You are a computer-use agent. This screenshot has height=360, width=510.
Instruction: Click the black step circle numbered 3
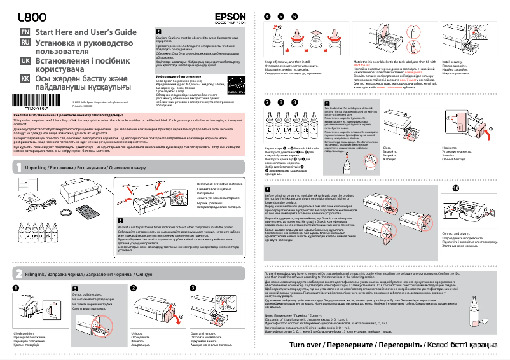tap(193, 288)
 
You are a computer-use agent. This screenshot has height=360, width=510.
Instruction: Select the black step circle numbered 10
tap(455, 189)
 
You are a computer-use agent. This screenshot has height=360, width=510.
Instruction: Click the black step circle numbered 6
tap(294, 15)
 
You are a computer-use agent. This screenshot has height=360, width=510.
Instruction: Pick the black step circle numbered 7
tap(266, 102)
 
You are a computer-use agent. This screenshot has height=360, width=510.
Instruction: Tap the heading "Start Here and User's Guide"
tap(86, 32)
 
